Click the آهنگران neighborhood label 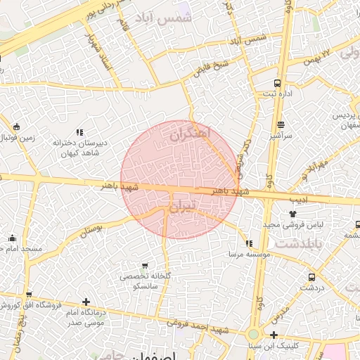click(x=191, y=131)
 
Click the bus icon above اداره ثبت click(x=277, y=82)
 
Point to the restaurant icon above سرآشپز click(x=280, y=125)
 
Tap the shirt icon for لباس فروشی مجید click(x=292, y=214)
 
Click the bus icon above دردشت click(x=311, y=277)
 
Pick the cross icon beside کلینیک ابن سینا click(x=274, y=335)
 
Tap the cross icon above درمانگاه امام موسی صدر click(x=86, y=302)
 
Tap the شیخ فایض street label click(x=212, y=66)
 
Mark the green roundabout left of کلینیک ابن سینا click(x=253, y=335)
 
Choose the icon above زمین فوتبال click(x=15, y=127)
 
